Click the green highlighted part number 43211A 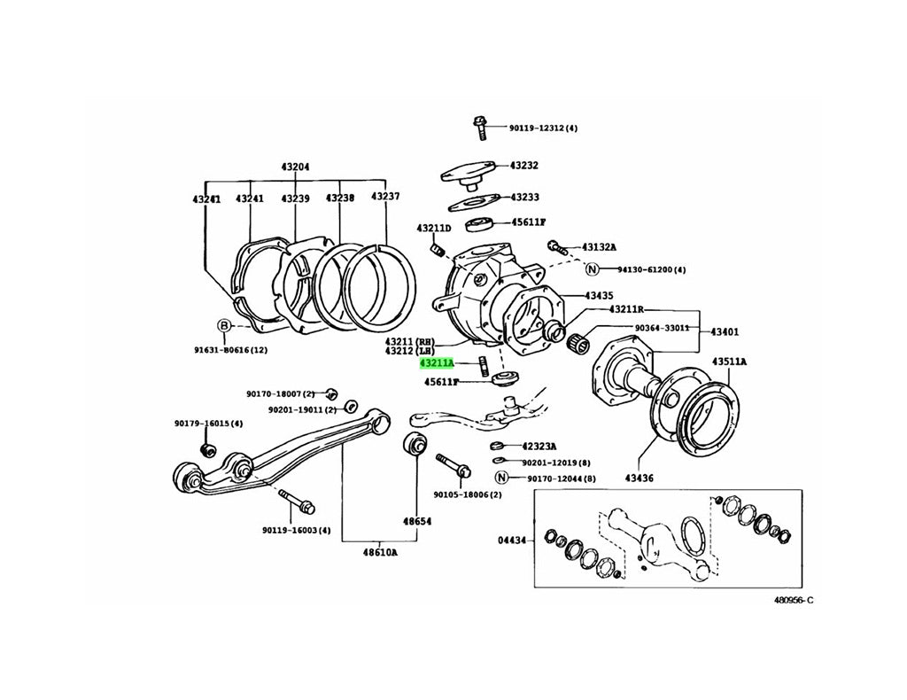click(x=437, y=363)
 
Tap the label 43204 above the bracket click(x=296, y=167)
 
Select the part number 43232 click(x=523, y=166)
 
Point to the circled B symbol click(x=225, y=326)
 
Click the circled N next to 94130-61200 click(x=592, y=269)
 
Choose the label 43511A click(x=728, y=362)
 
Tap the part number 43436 click(x=638, y=478)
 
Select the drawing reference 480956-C click(x=792, y=600)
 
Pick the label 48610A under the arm click(x=379, y=552)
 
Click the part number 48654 click(x=418, y=522)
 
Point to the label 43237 click(x=385, y=197)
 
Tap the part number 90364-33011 click(x=662, y=328)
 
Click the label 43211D click(x=435, y=229)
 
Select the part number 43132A click(x=599, y=247)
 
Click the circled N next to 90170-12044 click(x=501, y=478)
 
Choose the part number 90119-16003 click(x=296, y=531)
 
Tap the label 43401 click(x=724, y=332)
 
